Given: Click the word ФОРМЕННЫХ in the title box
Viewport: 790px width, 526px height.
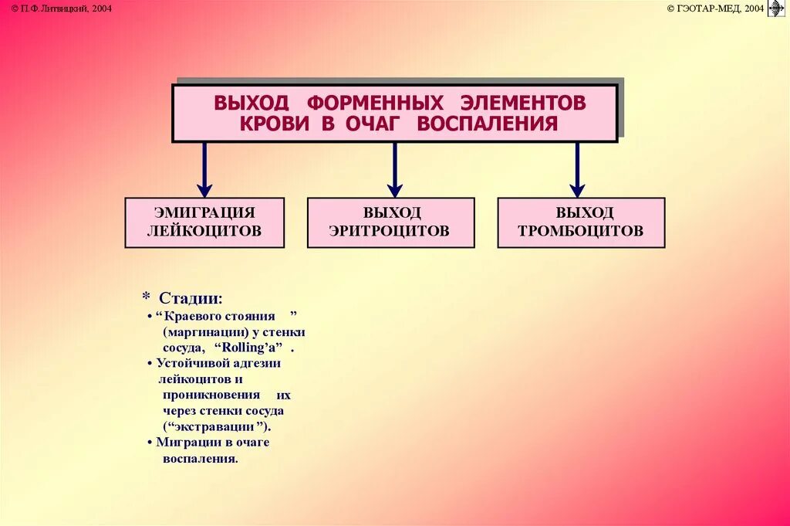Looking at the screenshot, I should coord(375,103).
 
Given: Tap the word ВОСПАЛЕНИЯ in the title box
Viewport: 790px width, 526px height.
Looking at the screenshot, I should coord(487,124).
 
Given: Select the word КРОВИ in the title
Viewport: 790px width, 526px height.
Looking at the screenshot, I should coord(275,124).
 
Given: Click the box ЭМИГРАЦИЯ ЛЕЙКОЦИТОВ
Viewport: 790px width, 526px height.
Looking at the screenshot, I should coord(204,222).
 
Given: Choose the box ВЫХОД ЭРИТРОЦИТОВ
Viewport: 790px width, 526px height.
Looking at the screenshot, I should coord(390,222).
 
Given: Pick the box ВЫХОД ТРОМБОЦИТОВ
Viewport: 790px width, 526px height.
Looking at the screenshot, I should coord(581,222).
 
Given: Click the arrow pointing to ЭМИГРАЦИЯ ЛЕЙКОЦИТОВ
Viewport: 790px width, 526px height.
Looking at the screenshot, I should coord(204,170).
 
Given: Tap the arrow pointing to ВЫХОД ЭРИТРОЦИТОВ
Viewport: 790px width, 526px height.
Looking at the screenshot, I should coord(395,170).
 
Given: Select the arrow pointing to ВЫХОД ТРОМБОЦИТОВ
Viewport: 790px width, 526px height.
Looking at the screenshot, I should coord(577,170).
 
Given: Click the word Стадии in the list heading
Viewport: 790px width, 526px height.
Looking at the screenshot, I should coord(191,298).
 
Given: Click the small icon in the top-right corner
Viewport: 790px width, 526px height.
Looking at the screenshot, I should coord(777,8).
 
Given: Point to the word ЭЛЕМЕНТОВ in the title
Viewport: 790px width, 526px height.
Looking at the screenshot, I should coord(525,103).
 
